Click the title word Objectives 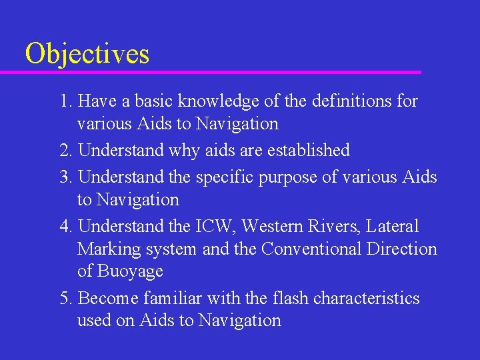(87, 53)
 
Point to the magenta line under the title (220, 72)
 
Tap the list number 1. (64, 101)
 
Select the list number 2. (64, 151)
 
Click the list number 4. (64, 227)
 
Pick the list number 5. (64, 298)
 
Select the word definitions (341, 101)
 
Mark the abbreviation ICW (216, 227)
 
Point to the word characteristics (366, 298)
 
